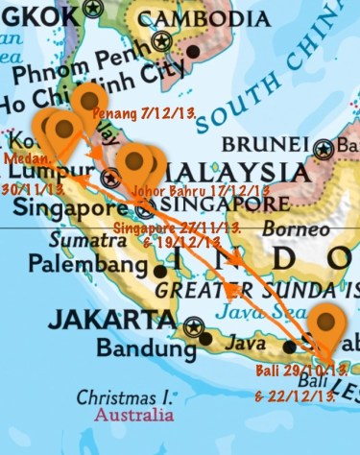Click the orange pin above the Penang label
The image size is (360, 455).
pyautogui.click(x=91, y=102)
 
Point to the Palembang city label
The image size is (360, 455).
pyautogui.click(x=79, y=262)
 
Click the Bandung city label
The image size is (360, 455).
pyautogui.click(x=144, y=344)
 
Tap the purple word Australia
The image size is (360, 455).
pyautogui.click(x=133, y=415)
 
